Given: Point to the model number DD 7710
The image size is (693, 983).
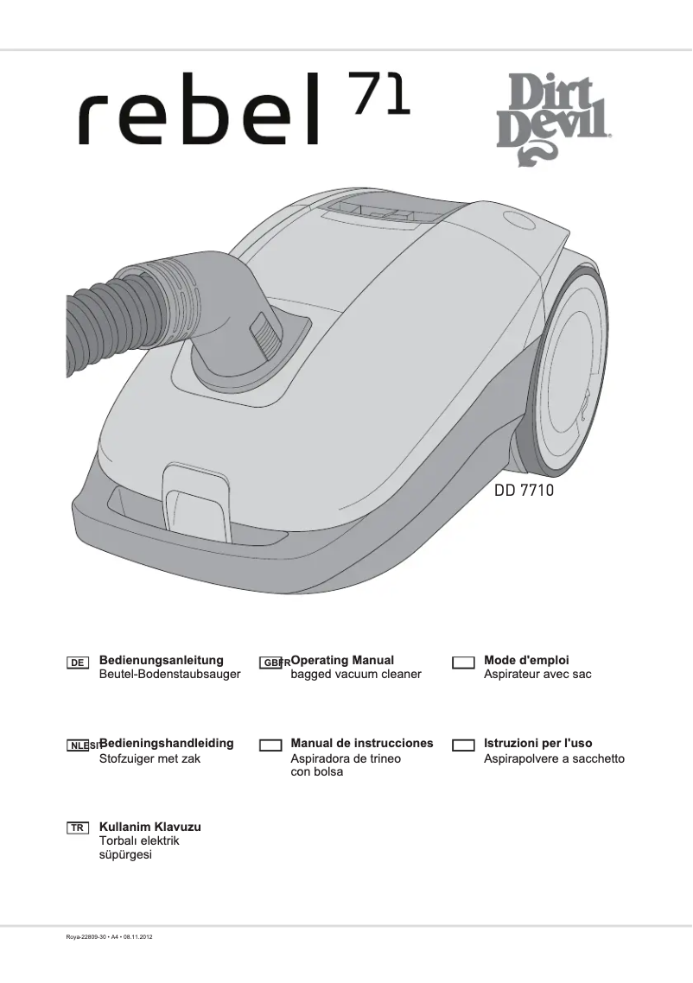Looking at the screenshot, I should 524,491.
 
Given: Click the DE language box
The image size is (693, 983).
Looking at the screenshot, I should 78,663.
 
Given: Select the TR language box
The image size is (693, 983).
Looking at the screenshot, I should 78,828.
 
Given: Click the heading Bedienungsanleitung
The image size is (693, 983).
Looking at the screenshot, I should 162,661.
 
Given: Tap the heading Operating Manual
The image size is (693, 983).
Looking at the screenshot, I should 342,661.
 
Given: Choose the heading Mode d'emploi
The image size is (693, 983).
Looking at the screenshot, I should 526,661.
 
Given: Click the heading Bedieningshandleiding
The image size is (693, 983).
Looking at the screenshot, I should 167,744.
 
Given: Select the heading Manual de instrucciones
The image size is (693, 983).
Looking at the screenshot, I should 362,744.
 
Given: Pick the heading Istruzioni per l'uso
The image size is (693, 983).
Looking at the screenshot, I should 537,744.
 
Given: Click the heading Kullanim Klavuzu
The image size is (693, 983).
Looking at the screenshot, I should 150,827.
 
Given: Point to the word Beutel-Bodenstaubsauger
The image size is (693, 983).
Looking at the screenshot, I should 170,675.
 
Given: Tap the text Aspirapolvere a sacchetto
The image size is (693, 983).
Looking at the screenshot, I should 554,759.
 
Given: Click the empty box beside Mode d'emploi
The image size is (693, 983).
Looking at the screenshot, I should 464,663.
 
